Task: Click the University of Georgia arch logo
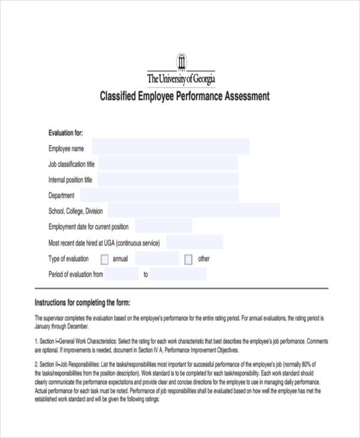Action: [181, 62]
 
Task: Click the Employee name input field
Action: [170, 147]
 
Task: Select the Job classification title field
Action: [167, 163]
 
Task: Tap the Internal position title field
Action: [167, 179]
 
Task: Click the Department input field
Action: [159, 195]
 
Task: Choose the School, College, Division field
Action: [193, 211]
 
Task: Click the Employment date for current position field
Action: [163, 226]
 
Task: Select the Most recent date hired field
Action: [194, 242]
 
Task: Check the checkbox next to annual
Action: [104, 259]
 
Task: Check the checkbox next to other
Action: [188, 259]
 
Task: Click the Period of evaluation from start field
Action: [122, 274]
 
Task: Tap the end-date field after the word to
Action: [178, 274]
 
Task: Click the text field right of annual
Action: [157, 259]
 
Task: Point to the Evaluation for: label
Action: [65, 133]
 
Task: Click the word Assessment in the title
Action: [246, 96]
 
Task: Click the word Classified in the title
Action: [119, 96]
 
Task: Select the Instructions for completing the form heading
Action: [82, 302]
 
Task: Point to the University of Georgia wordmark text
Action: [181, 79]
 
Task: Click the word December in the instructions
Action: [76, 327]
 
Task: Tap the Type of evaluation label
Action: [68, 259]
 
